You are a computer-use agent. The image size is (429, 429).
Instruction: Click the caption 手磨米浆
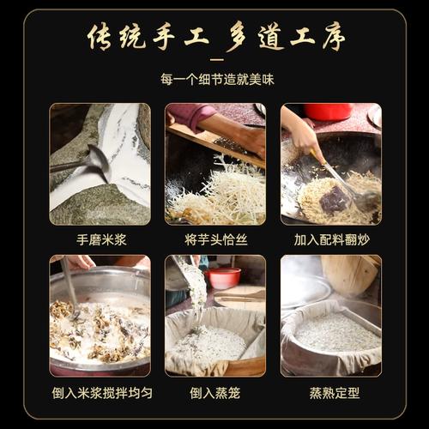pos(100,240)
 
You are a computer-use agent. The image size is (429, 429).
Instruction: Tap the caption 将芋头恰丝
pos(214,240)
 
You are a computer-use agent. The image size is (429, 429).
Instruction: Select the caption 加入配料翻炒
pos(330,240)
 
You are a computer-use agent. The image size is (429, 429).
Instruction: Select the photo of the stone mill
pos(100,163)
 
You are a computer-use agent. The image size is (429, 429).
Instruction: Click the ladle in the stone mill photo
pos(86,160)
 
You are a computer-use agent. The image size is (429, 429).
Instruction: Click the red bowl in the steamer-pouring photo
pos(224,277)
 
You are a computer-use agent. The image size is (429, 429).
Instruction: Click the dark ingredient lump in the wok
pos(335,198)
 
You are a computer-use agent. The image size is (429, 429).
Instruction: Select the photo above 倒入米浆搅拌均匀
pos(100,315)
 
